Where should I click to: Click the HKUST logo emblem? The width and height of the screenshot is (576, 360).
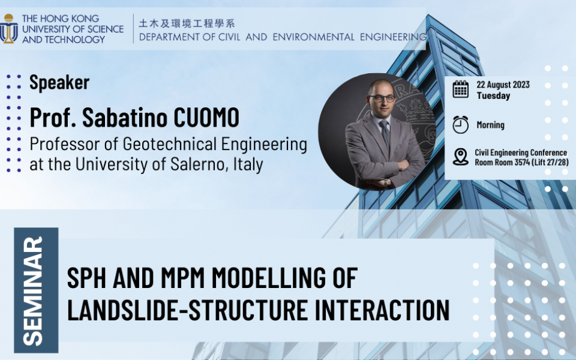9,28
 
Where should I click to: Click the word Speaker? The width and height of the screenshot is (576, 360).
59,82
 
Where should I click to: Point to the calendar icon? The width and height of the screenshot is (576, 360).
460,89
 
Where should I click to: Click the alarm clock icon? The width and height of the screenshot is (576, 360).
460,124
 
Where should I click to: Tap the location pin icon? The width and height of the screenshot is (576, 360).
460,157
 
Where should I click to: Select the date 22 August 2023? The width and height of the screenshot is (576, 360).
503,85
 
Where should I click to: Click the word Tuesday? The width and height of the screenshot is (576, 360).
493,95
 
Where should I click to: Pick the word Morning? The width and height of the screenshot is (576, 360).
490,125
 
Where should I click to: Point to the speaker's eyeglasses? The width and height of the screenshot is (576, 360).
382,98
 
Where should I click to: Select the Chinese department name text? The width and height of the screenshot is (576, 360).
187,24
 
